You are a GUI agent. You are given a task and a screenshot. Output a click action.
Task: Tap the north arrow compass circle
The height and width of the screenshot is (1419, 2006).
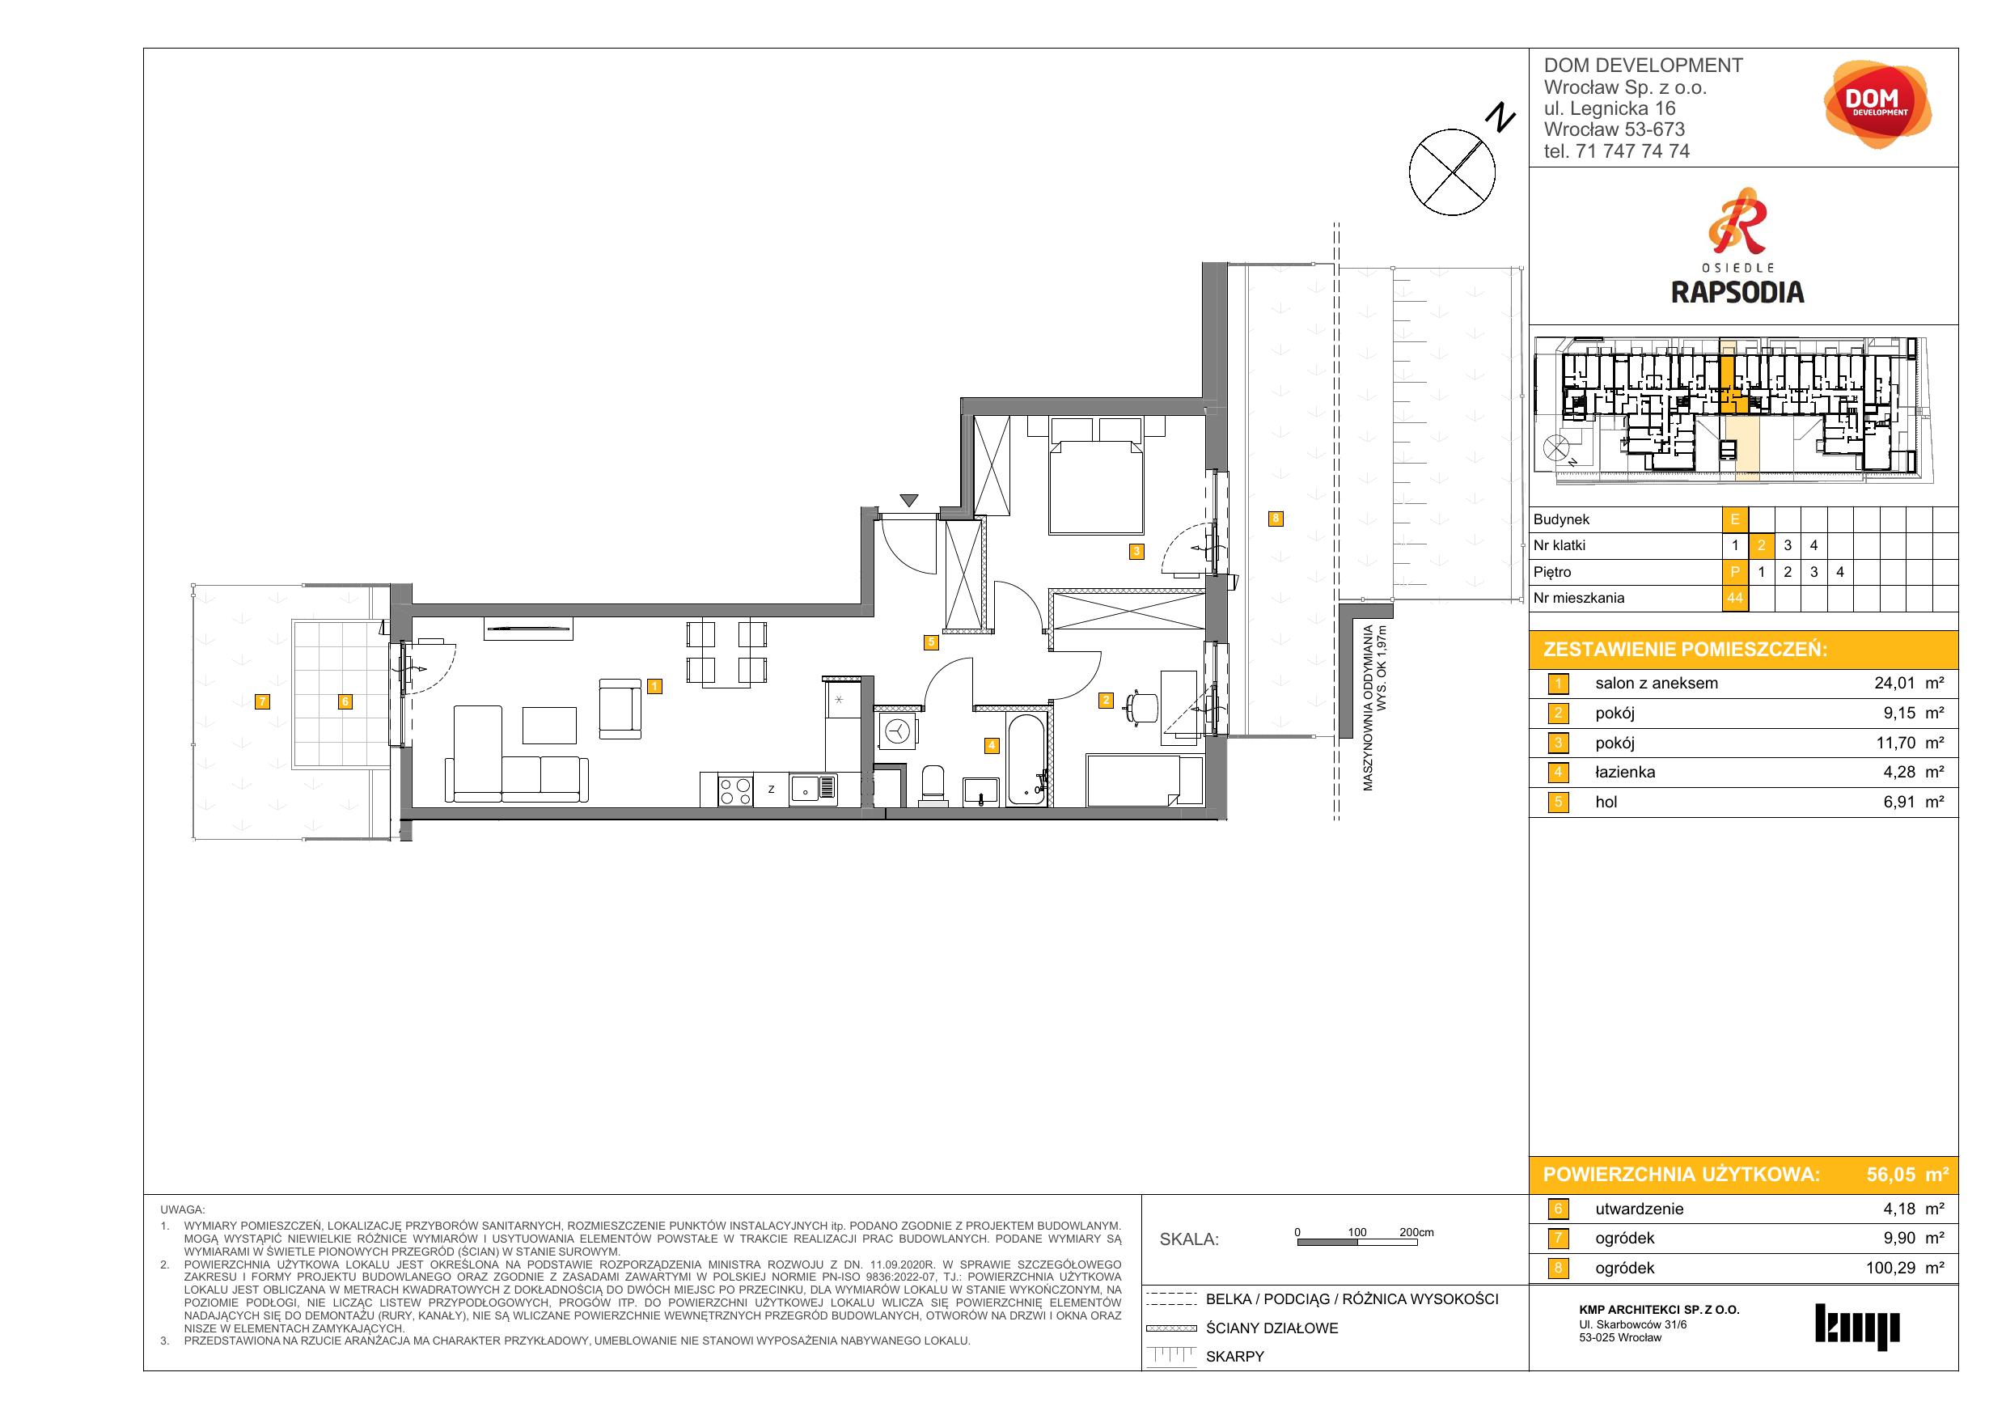click(x=1452, y=172)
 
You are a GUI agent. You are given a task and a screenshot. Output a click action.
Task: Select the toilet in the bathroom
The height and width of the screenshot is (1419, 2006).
click(x=934, y=782)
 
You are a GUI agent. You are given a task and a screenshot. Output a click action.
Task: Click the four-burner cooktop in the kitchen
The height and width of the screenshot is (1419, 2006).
click(x=734, y=790)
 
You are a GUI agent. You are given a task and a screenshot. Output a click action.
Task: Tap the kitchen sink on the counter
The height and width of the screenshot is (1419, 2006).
click(x=813, y=790)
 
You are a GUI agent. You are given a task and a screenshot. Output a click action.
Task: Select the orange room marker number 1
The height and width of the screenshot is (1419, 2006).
click(x=655, y=687)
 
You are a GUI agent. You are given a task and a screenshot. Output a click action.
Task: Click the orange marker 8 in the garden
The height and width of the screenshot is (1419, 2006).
click(x=1276, y=518)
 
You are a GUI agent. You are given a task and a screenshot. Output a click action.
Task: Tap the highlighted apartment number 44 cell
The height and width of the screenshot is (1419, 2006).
click(x=1734, y=599)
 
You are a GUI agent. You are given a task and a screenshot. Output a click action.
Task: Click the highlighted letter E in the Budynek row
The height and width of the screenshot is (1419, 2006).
click(x=1734, y=520)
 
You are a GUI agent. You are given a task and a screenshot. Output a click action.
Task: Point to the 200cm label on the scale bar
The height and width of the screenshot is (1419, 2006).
click(x=1416, y=1232)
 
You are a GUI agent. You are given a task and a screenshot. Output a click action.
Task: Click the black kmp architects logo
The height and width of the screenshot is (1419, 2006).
click(x=1856, y=1327)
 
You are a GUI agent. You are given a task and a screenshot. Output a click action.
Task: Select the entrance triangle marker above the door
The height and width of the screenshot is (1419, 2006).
click(x=909, y=501)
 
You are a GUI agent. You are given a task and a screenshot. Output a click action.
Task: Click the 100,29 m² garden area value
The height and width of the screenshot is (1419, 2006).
click(x=1905, y=1268)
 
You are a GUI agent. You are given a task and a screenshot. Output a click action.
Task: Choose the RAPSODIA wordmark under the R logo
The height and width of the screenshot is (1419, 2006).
click(x=1737, y=292)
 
